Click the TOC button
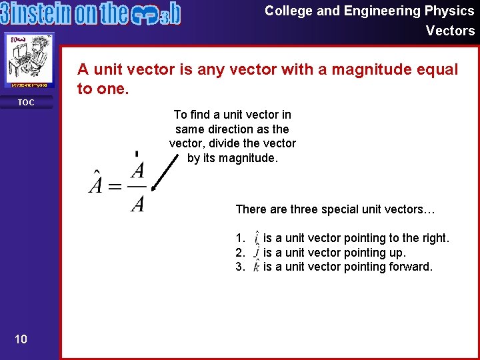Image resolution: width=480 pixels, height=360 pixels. click(x=26, y=102)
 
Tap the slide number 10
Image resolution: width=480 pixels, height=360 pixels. click(x=21, y=339)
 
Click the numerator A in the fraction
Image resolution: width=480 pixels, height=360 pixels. click(x=137, y=169)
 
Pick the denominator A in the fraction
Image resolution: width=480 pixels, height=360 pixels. click(x=137, y=203)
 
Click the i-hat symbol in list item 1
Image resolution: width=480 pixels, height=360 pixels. click(x=257, y=237)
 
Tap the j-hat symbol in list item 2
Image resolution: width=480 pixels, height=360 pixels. click(x=257, y=252)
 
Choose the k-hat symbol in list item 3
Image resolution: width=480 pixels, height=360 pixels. click(x=257, y=267)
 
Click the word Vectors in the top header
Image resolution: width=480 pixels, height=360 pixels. click(x=450, y=31)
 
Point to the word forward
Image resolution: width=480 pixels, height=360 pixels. click(x=411, y=267)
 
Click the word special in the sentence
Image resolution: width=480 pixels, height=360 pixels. click(x=336, y=209)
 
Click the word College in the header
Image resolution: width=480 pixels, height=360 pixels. click(x=287, y=11)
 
